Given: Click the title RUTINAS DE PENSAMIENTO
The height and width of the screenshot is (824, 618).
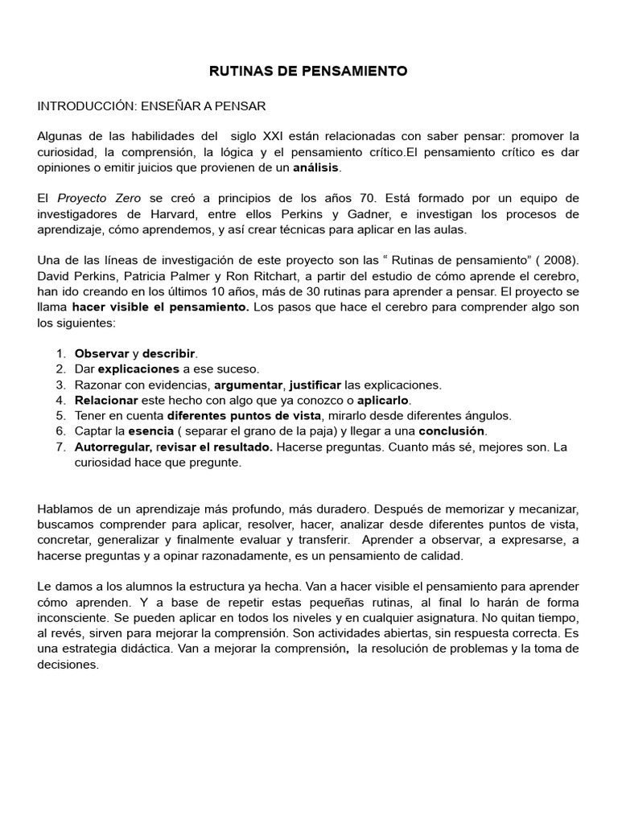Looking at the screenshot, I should pyautogui.click(x=308, y=72).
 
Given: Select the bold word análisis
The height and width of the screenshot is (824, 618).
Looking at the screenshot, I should pyautogui.click(x=316, y=167).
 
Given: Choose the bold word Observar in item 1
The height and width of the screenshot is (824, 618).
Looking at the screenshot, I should pyautogui.click(x=101, y=354).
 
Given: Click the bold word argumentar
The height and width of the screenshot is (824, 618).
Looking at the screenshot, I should pyautogui.click(x=249, y=385).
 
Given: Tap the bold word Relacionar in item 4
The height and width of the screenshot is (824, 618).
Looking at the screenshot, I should pyautogui.click(x=106, y=400).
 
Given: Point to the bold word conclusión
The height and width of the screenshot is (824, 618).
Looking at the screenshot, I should pyautogui.click(x=452, y=431).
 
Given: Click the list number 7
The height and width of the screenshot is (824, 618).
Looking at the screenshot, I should pyautogui.click(x=60, y=447).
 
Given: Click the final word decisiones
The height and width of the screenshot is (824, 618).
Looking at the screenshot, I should pyautogui.click(x=68, y=665).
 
